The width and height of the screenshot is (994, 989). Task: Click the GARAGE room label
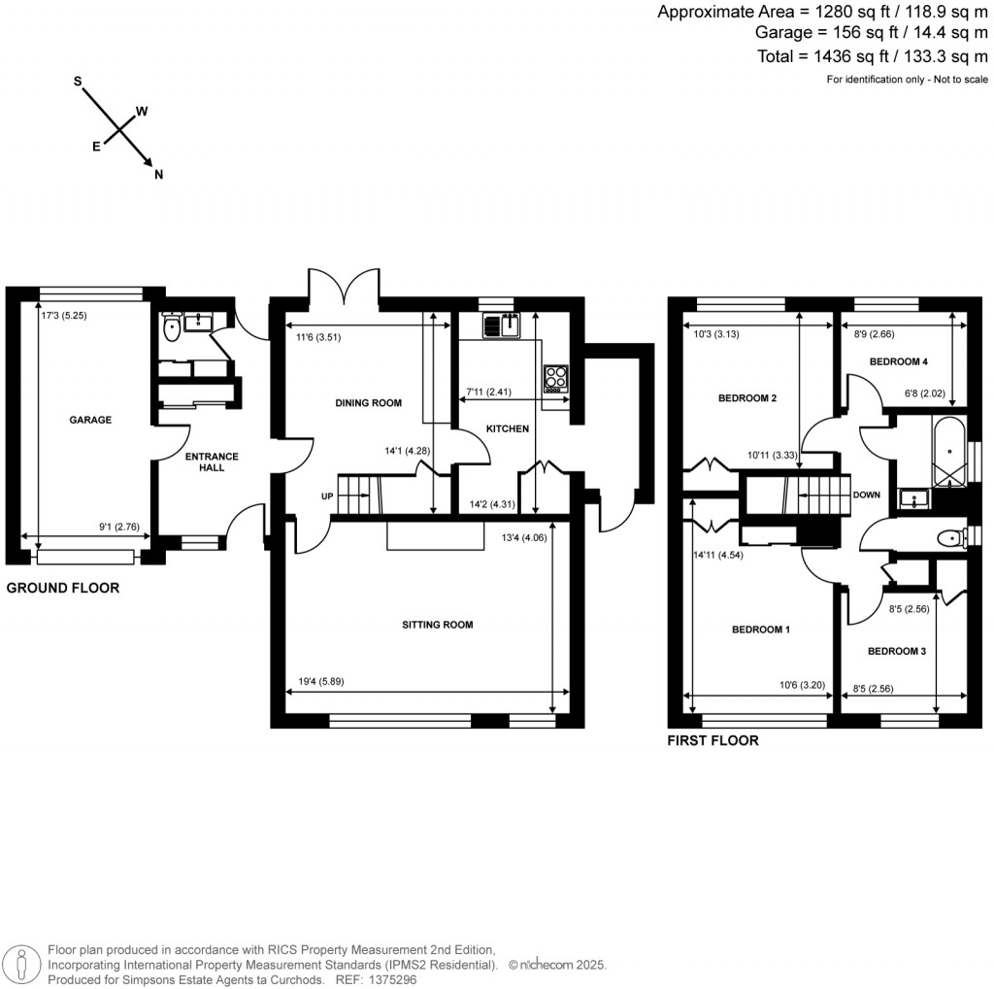coord(90,420)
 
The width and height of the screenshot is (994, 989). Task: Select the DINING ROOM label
coord(368,403)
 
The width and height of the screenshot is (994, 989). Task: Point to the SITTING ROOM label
coord(438,625)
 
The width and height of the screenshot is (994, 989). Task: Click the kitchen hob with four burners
coord(556,377)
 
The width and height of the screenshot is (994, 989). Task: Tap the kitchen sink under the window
coord(503,324)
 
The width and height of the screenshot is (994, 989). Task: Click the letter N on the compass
coord(159,175)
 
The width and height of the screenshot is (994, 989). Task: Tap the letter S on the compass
coord(78,82)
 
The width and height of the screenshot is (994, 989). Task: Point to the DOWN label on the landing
coord(866,494)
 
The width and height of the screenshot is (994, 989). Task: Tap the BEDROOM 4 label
coord(898,361)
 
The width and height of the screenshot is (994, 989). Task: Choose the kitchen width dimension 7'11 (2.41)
coord(489,392)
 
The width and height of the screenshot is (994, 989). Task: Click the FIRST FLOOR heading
coord(712,740)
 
